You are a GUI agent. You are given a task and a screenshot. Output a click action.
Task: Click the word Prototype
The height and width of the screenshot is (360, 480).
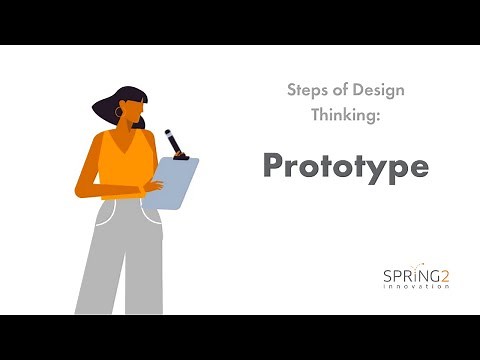pos(345,167)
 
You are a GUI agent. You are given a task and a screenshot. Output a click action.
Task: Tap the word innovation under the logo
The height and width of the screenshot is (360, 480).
pos(415,286)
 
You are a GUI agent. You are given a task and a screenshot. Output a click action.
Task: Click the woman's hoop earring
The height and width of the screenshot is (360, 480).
pos(119,114)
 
